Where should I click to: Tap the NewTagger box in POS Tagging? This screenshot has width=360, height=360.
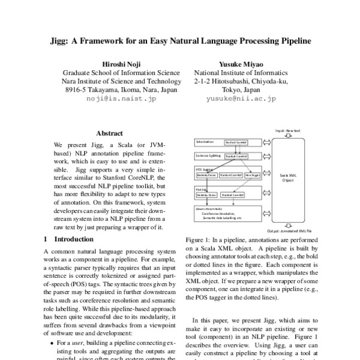tap(252, 175)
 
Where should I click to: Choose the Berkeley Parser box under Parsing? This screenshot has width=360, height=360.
tap(207, 195)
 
